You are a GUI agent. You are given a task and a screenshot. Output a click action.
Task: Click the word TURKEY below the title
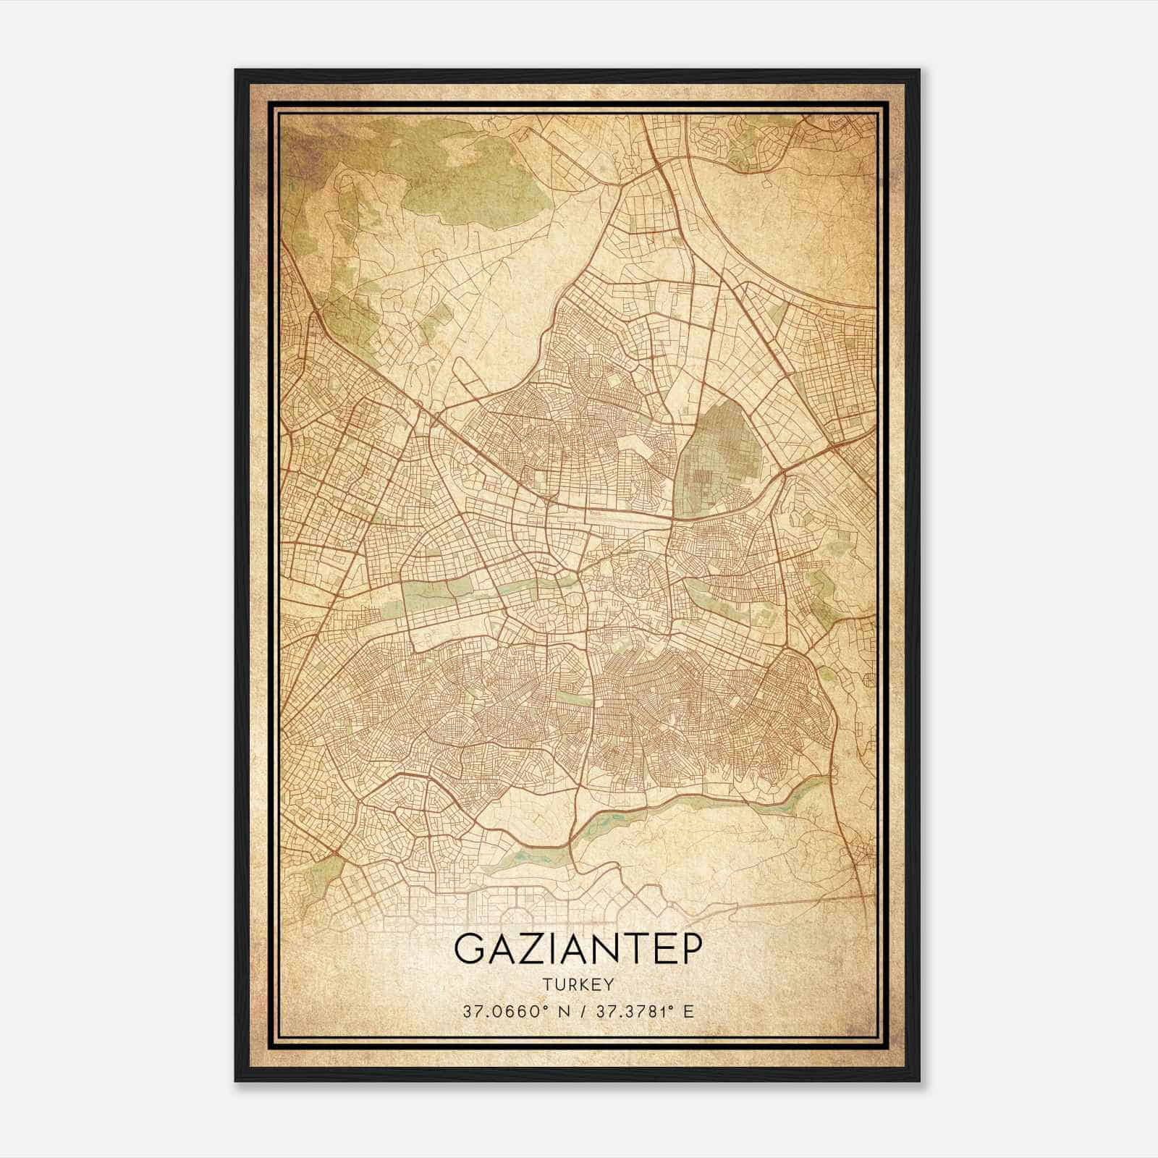click(577, 984)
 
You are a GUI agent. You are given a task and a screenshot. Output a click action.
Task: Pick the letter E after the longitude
click(688, 1011)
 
